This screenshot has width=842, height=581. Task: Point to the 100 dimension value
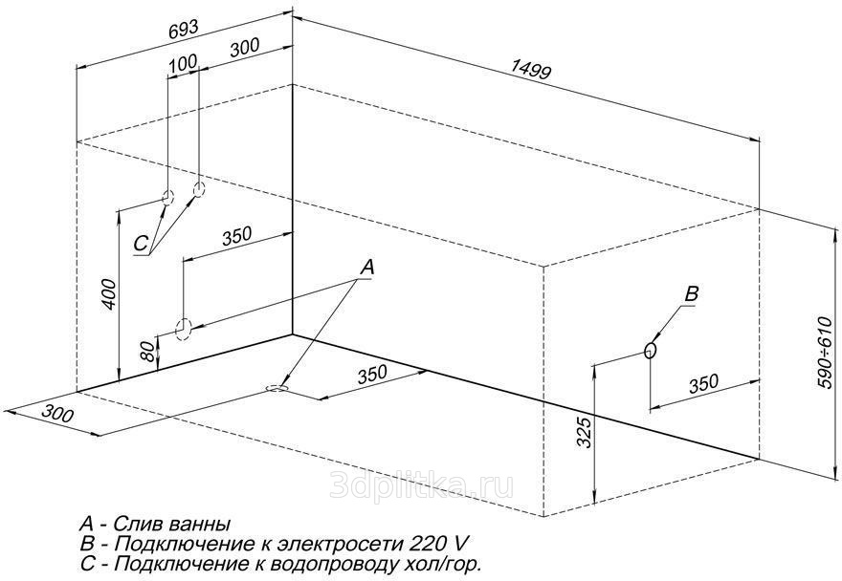click(183, 63)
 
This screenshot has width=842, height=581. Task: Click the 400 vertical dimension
click(108, 294)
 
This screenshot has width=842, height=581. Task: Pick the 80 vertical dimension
click(148, 352)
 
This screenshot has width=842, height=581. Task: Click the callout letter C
click(141, 244)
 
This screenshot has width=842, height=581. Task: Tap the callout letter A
click(366, 267)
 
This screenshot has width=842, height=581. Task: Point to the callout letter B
click(692, 293)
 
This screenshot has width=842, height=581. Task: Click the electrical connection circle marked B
click(651, 351)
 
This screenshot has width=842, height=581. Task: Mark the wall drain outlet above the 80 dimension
click(183, 329)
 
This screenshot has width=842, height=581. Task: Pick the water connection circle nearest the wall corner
click(199, 189)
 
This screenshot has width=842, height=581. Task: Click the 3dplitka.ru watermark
click(422, 486)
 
